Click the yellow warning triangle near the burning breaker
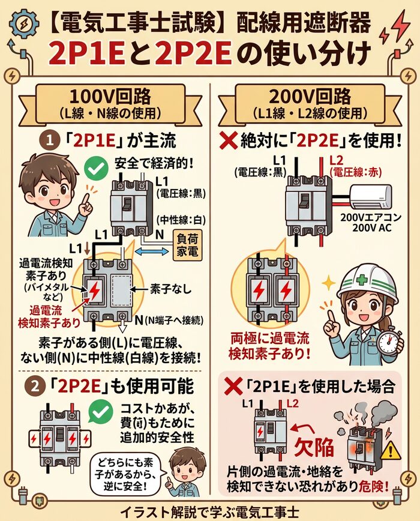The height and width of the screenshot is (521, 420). pos(391,448)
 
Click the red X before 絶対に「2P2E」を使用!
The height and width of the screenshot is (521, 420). pos(229,142)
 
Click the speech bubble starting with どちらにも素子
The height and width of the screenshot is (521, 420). pos(124,471)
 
